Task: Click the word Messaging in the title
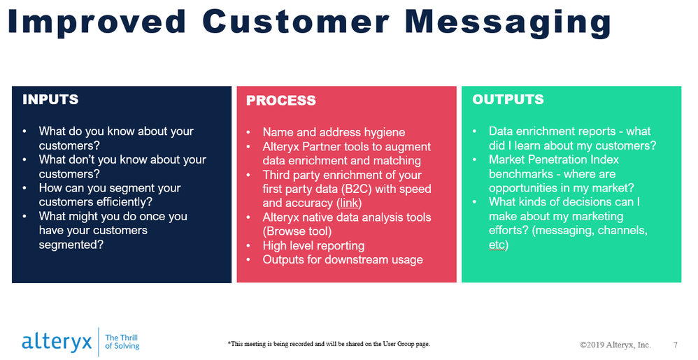point(508,22)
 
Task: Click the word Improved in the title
point(97,22)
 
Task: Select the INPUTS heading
point(50,99)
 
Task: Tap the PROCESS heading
point(281,101)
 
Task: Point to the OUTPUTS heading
point(508,99)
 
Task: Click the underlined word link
point(349,203)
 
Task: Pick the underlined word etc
point(497,245)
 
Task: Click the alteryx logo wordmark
point(57,342)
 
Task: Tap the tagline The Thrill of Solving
point(122,342)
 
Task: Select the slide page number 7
point(676,345)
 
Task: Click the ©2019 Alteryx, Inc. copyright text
point(615,345)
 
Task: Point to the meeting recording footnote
point(329,344)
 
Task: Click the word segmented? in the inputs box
point(71,245)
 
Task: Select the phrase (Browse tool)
point(297,231)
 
